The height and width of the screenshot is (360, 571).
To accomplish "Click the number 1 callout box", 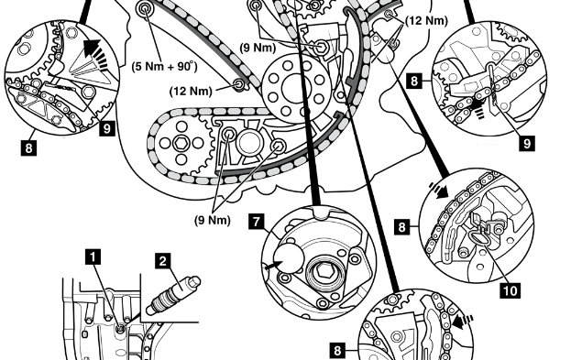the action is tap(93, 257).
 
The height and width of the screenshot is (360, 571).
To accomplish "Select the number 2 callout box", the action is tap(162, 261).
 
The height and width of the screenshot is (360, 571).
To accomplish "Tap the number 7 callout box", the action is tap(257, 222).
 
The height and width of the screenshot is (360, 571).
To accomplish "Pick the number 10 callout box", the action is tap(511, 290).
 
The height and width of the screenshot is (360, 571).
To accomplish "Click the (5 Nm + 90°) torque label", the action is tap(165, 67).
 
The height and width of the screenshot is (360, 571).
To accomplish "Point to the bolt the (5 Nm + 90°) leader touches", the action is tap(146, 8).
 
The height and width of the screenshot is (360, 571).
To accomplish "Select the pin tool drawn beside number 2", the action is tap(173, 295).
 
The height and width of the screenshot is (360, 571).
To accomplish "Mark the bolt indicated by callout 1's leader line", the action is tap(120, 329).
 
